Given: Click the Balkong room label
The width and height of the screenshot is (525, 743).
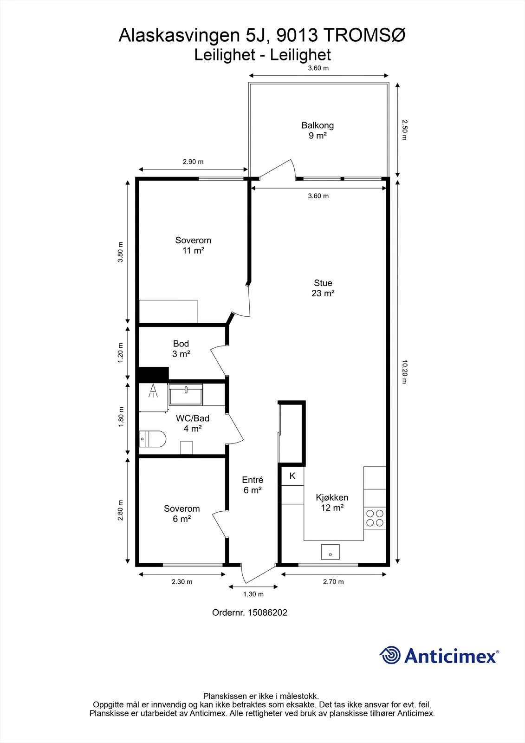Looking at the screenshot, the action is click(318, 125).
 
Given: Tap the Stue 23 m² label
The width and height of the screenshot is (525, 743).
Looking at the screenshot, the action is click(323, 288).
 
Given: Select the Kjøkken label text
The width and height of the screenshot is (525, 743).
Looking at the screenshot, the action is click(332, 497).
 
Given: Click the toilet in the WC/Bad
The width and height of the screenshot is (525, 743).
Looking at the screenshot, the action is click(152, 439).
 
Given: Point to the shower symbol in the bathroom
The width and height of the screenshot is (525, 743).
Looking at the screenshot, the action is click(153, 391).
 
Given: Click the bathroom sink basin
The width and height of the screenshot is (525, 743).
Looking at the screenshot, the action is click(186, 394).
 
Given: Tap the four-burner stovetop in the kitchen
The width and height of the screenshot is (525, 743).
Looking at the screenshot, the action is click(375, 518).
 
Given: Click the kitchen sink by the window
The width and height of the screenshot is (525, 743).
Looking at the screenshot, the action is click(330, 552).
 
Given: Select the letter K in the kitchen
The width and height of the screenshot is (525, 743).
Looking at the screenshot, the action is click(292, 476).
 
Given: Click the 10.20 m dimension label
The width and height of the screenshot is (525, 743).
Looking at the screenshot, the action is click(404, 372).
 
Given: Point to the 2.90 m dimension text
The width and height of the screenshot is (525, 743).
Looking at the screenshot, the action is click(193, 162).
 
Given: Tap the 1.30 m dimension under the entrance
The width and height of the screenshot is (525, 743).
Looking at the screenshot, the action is click(253, 594).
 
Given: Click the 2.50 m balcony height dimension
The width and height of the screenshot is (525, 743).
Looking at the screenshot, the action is click(404, 130).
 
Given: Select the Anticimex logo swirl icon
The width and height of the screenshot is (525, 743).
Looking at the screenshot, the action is click(389, 655).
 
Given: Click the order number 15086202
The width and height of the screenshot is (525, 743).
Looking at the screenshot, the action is click(267, 613).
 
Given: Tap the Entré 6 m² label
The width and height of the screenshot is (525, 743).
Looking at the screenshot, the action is click(253, 485).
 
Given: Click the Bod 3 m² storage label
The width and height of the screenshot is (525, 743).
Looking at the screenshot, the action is click(181, 349).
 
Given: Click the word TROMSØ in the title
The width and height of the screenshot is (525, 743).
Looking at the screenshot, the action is click(364, 35).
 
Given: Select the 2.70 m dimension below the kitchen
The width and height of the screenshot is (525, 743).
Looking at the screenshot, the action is click(333, 581).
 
